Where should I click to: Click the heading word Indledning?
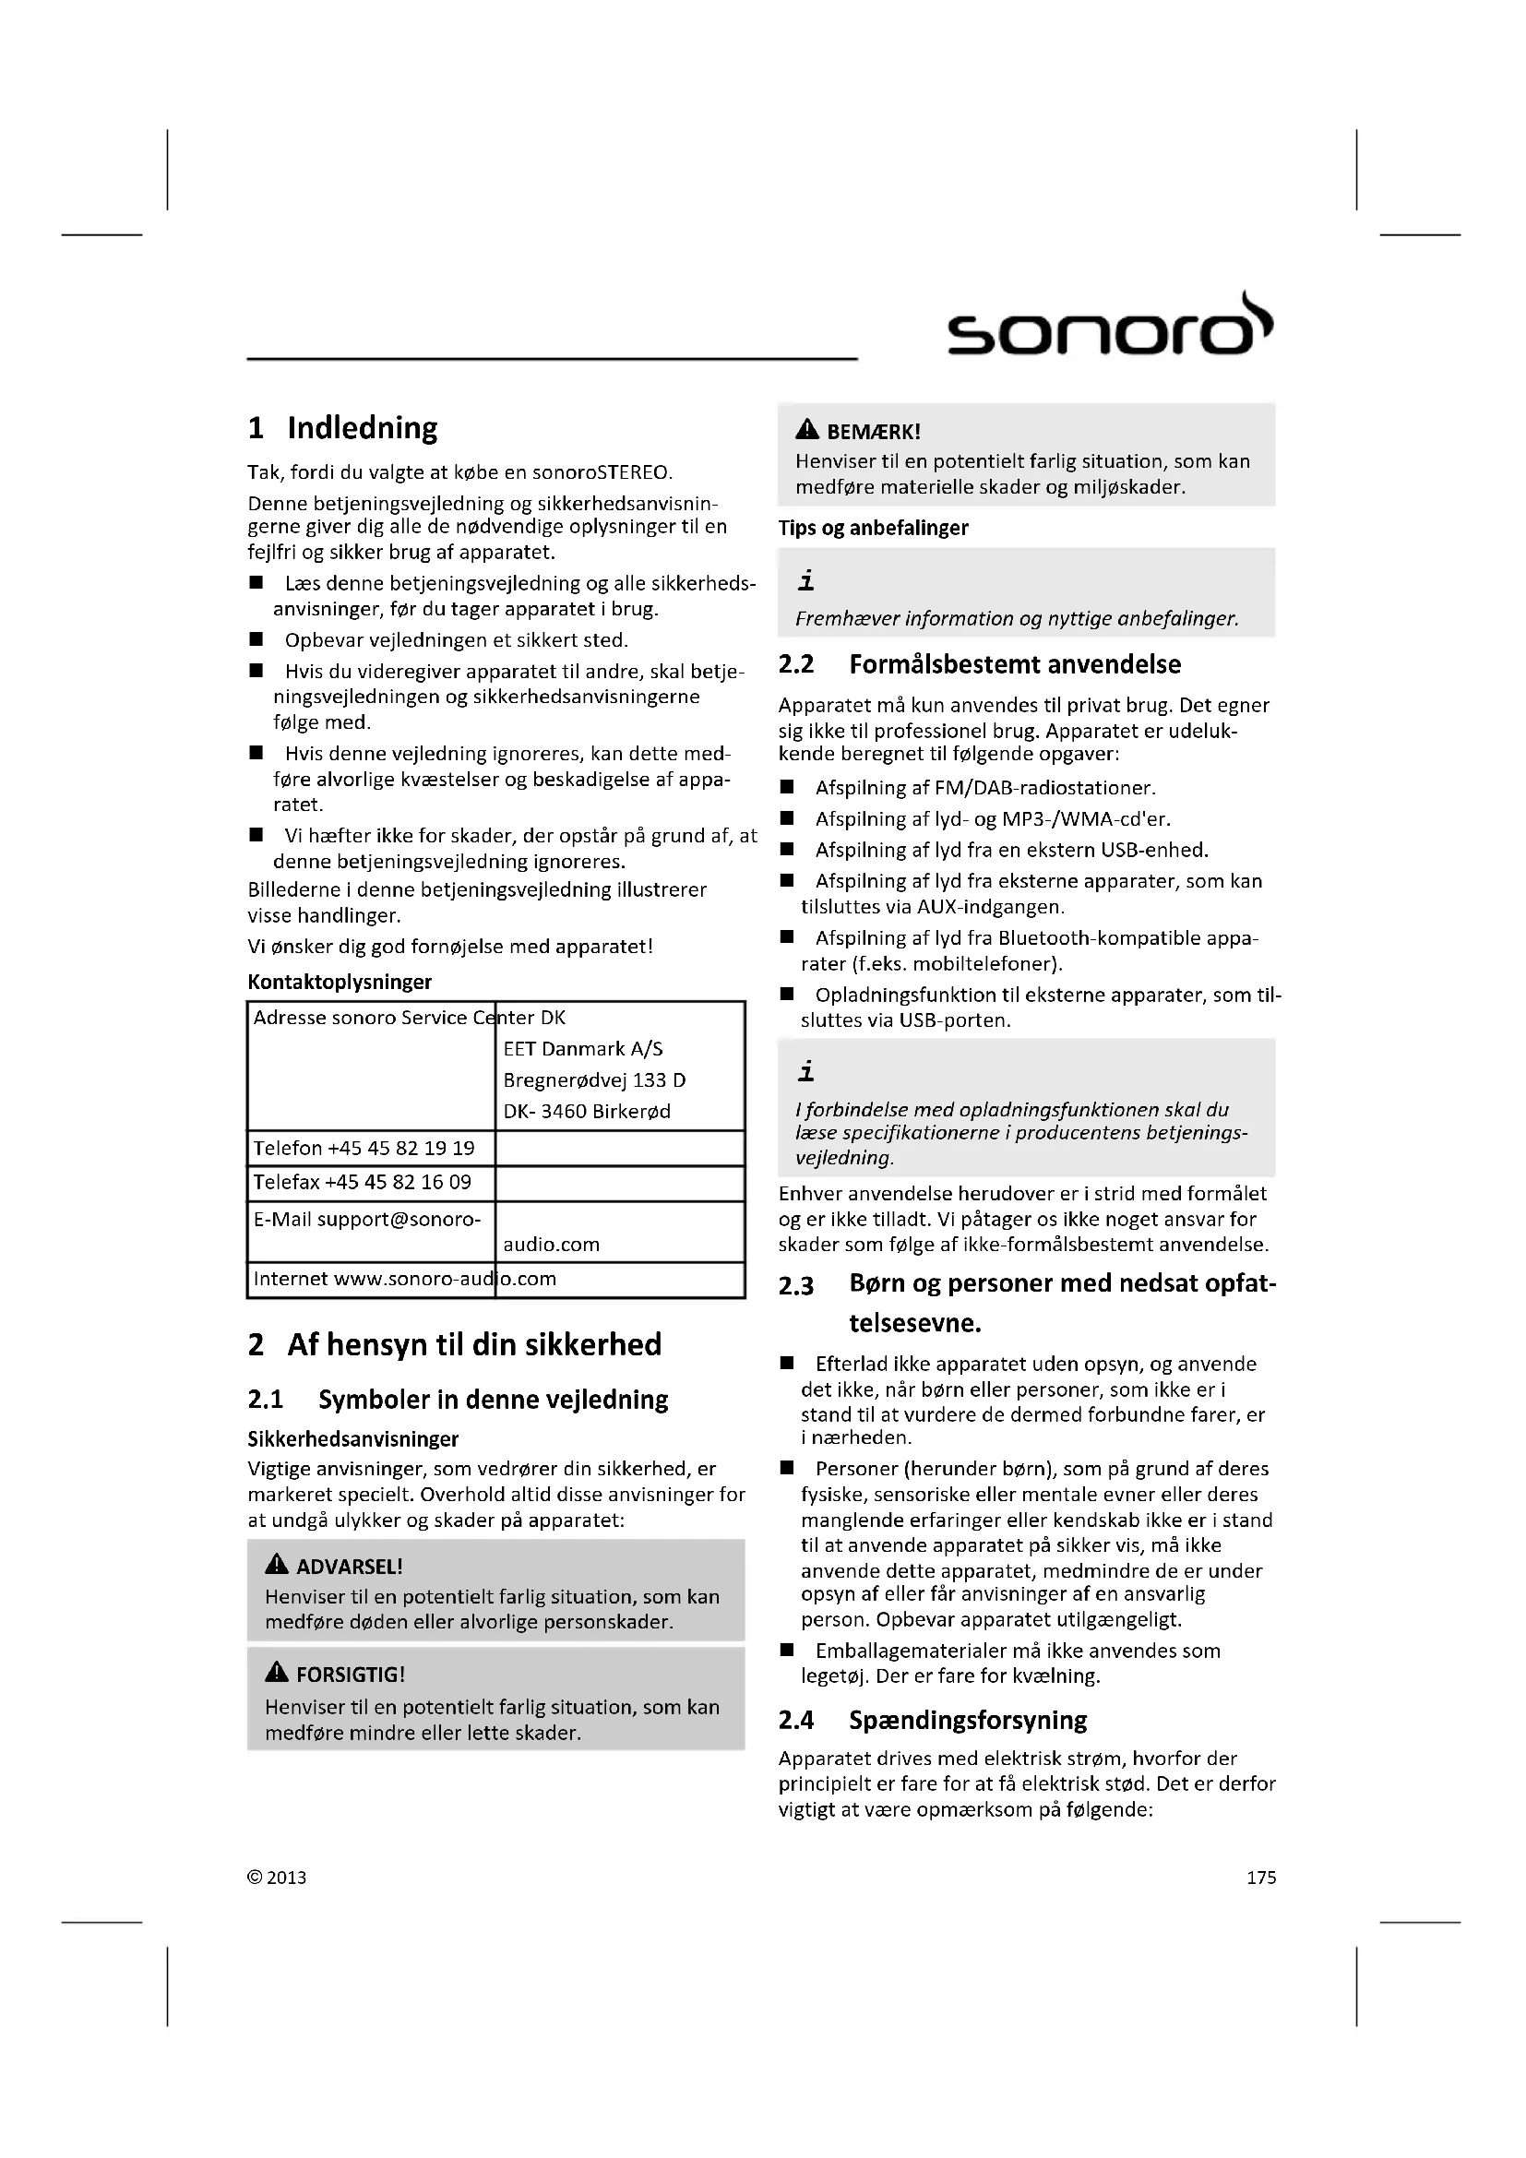click(362, 428)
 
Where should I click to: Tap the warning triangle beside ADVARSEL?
click(276, 1564)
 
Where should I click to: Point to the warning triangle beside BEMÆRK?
click(806, 431)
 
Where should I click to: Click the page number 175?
click(1261, 1877)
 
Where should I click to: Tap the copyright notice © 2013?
click(276, 1877)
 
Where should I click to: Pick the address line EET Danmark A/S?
click(582, 1049)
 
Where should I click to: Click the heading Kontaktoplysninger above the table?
click(340, 983)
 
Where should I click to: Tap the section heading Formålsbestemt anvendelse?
click(1015, 664)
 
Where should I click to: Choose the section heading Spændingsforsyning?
click(968, 1720)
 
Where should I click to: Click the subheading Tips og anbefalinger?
click(873, 529)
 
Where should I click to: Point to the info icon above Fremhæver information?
click(805, 582)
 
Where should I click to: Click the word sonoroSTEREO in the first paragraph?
click(602, 471)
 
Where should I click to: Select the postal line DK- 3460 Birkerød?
click(587, 1111)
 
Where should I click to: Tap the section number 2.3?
click(796, 1285)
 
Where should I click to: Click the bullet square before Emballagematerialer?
click(787, 1651)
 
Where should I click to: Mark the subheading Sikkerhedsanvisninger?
click(352, 1439)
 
